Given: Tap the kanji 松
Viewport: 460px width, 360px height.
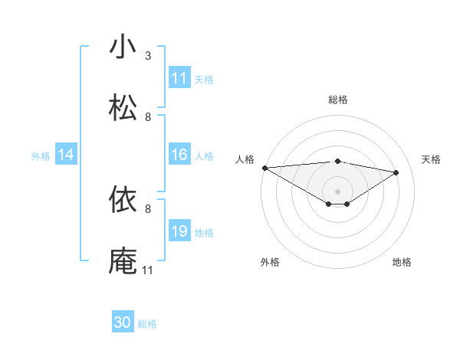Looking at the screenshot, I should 123,108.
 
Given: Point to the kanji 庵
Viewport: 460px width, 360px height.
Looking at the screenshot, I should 123,260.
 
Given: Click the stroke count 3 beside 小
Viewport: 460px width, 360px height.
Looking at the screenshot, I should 148,56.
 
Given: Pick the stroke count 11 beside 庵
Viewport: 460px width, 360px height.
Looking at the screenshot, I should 147,270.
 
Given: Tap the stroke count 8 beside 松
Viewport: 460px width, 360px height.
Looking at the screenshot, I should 148,117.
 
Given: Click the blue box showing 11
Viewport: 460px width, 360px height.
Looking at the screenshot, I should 179,78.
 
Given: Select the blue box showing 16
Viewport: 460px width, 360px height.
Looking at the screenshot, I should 179,155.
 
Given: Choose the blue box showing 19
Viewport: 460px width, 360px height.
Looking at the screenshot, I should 179,231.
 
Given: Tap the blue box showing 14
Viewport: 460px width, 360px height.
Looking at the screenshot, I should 66,155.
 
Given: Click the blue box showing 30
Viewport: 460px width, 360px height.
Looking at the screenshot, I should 123,322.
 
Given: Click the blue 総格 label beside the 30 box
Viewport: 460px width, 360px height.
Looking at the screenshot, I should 147,324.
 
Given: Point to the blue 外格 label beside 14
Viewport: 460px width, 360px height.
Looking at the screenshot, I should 41,156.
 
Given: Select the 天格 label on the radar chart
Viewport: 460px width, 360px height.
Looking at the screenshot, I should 431,159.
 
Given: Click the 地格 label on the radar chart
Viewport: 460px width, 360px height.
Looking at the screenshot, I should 402,262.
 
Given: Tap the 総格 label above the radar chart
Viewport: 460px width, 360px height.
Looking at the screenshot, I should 338,100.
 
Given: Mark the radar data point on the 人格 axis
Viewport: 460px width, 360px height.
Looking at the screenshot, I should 264,168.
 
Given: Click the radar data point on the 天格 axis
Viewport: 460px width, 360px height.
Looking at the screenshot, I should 396,172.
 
